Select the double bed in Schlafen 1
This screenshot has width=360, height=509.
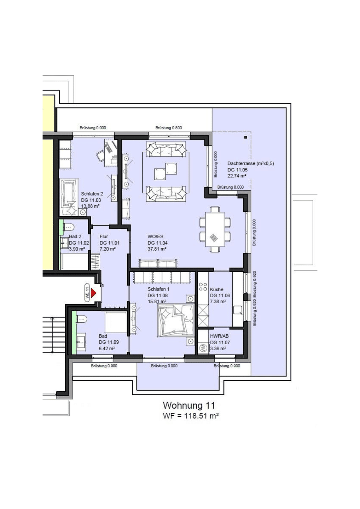pyautogui.click(x=176, y=320)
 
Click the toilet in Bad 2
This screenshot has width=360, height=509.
pyautogui.click(x=69, y=227)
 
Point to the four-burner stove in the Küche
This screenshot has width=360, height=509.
pyautogui.click(x=203, y=287)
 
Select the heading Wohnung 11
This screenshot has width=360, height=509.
pyautogui.click(x=188, y=405)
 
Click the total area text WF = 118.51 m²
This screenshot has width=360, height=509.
pyautogui.click(x=191, y=416)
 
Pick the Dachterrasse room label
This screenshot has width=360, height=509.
pyautogui.click(x=250, y=163)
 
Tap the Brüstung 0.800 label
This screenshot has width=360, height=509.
pyautogui.click(x=169, y=128)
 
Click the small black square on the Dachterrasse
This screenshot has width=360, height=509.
pyautogui.click(x=245, y=137)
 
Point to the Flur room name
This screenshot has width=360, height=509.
pyautogui.click(x=104, y=236)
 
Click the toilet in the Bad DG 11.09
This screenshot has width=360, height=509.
pyautogui.click(x=82, y=319)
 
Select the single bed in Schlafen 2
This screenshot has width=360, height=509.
pyautogui.click(x=69, y=197)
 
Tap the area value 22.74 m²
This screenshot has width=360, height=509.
pyautogui.click(x=237, y=176)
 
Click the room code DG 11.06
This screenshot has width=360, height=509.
pyautogui.click(x=220, y=296)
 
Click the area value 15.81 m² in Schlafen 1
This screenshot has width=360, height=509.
pyautogui.click(x=157, y=301)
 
